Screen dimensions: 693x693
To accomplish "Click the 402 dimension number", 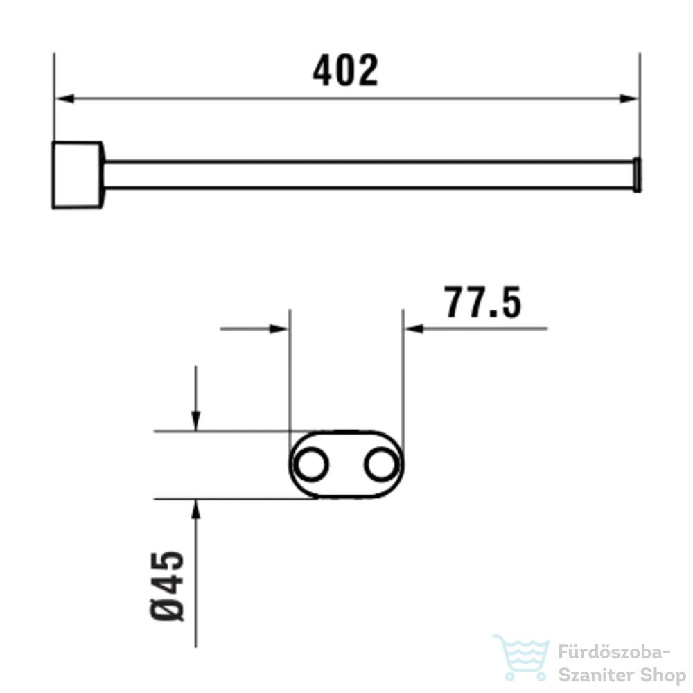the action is [346, 70].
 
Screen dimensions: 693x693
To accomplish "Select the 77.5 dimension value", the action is [483, 302].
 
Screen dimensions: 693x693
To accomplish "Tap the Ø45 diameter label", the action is [167, 586].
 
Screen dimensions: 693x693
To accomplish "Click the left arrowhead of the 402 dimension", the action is [64, 98].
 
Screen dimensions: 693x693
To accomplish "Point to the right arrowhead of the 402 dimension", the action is [629, 98].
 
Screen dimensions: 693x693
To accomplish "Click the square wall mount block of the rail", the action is [78, 175].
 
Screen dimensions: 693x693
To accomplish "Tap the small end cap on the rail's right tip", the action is [637, 175].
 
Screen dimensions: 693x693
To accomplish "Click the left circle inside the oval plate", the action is [311, 464].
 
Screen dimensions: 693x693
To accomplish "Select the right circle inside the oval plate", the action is [382, 464].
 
